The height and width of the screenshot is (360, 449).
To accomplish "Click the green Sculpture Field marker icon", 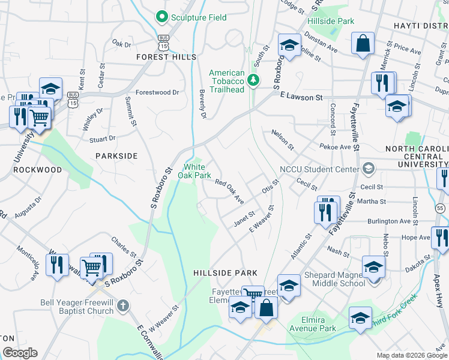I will click(x=161, y=17).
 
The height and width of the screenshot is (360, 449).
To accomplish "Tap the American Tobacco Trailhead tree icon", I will click(x=253, y=79).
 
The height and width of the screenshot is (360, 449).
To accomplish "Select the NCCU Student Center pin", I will click(x=367, y=169).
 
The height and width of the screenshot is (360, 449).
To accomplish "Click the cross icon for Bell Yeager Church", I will click(x=122, y=305).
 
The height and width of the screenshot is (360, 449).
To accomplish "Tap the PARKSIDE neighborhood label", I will click(x=116, y=155).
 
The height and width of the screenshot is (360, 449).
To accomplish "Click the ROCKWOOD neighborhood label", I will click(x=37, y=170).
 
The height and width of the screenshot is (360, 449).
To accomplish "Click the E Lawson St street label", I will click(x=301, y=97).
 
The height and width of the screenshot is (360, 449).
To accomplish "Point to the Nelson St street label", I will click(x=282, y=139).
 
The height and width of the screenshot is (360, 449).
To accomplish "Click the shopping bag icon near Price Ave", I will click(x=363, y=43).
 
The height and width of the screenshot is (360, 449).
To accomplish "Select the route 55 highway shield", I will click(x=441, y=208).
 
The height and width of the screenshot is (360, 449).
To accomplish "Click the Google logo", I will click(x=20, y=353).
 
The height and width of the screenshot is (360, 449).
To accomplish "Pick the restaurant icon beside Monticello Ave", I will click(x=58, y=264).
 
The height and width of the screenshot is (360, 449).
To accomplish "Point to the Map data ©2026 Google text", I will click(x=411, y=355).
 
